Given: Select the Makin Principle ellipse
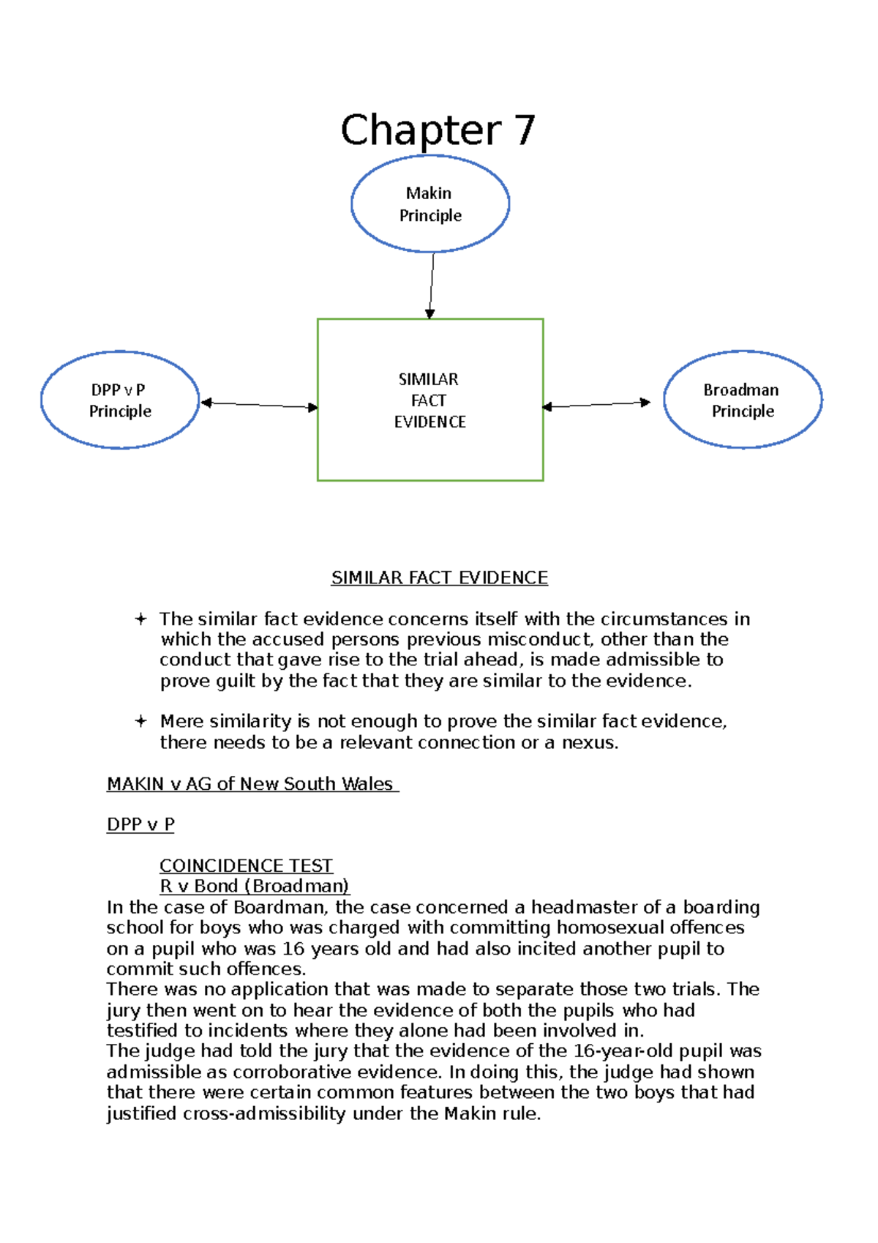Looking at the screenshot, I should [x=430, y=204].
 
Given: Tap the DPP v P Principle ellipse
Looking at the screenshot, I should [x=120, y=400].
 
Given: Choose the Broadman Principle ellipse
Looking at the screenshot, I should [x=743, y=400].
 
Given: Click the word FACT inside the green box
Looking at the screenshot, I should [x=429, y=400].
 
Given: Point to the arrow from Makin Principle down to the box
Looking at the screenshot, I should [x=432, y=285].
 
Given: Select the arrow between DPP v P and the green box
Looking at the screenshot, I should [x=259, y=405].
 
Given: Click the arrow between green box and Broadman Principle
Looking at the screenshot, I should [x=596, y=404].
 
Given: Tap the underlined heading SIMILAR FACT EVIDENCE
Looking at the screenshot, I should [x=439, y=578].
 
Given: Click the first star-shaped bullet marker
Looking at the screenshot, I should [x=140, y=619].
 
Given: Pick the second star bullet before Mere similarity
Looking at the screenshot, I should [x=140, y=721].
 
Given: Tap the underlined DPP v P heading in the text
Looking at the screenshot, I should [x=140, y=824].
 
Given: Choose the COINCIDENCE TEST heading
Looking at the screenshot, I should [x=246, y=865].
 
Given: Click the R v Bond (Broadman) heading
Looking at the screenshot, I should [x=254, y=886].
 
